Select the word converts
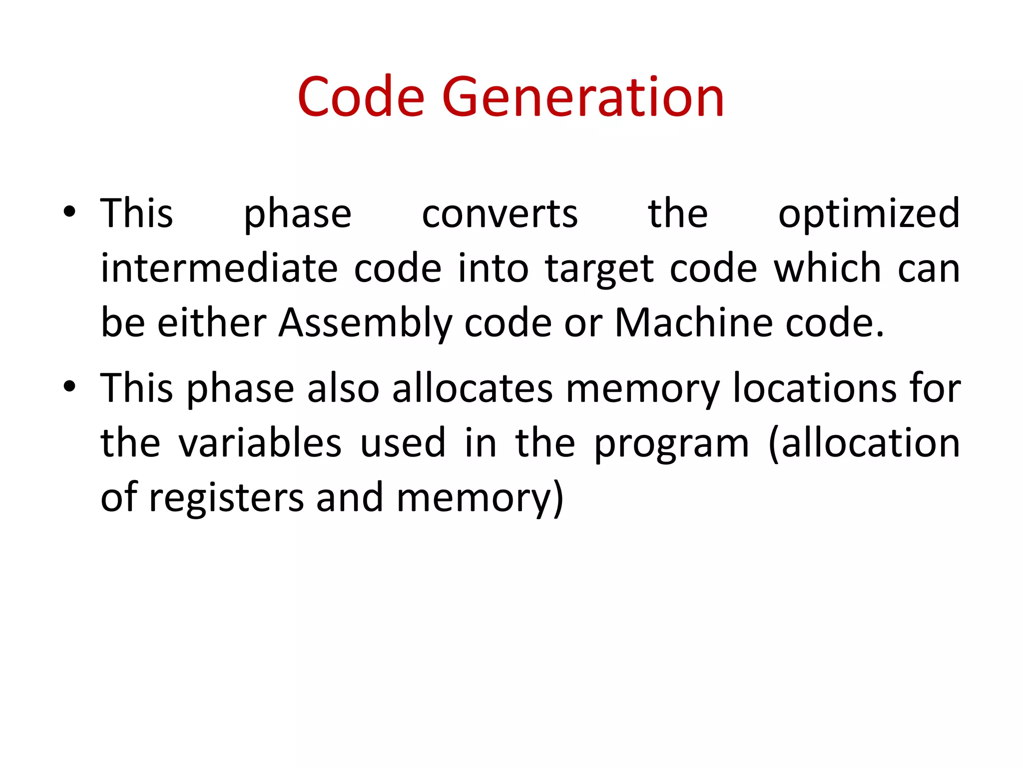(500, 214)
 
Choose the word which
(827, 268)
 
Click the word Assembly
(365, 324)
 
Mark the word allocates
(472, 388)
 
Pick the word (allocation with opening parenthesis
(864, 444)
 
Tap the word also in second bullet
(343, 388)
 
